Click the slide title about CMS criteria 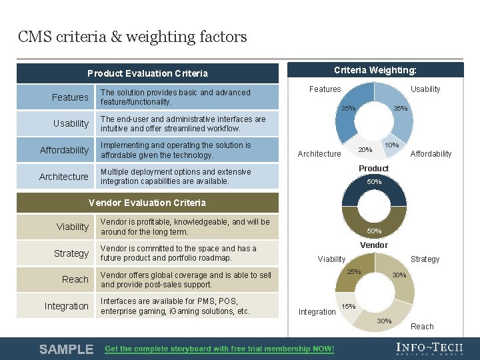tap(133, 37)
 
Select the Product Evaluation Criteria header tap(147, 73)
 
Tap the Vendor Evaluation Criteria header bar tap(147, 203)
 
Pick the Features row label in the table tap(70, 97)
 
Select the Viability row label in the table tap(72, 227)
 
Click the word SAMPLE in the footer tap(66, 349)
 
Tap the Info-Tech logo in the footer tap(429, 349)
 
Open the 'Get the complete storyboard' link tap(220, 349)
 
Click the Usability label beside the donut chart tap(425, 89)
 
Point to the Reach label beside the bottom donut tap(422, 327)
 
